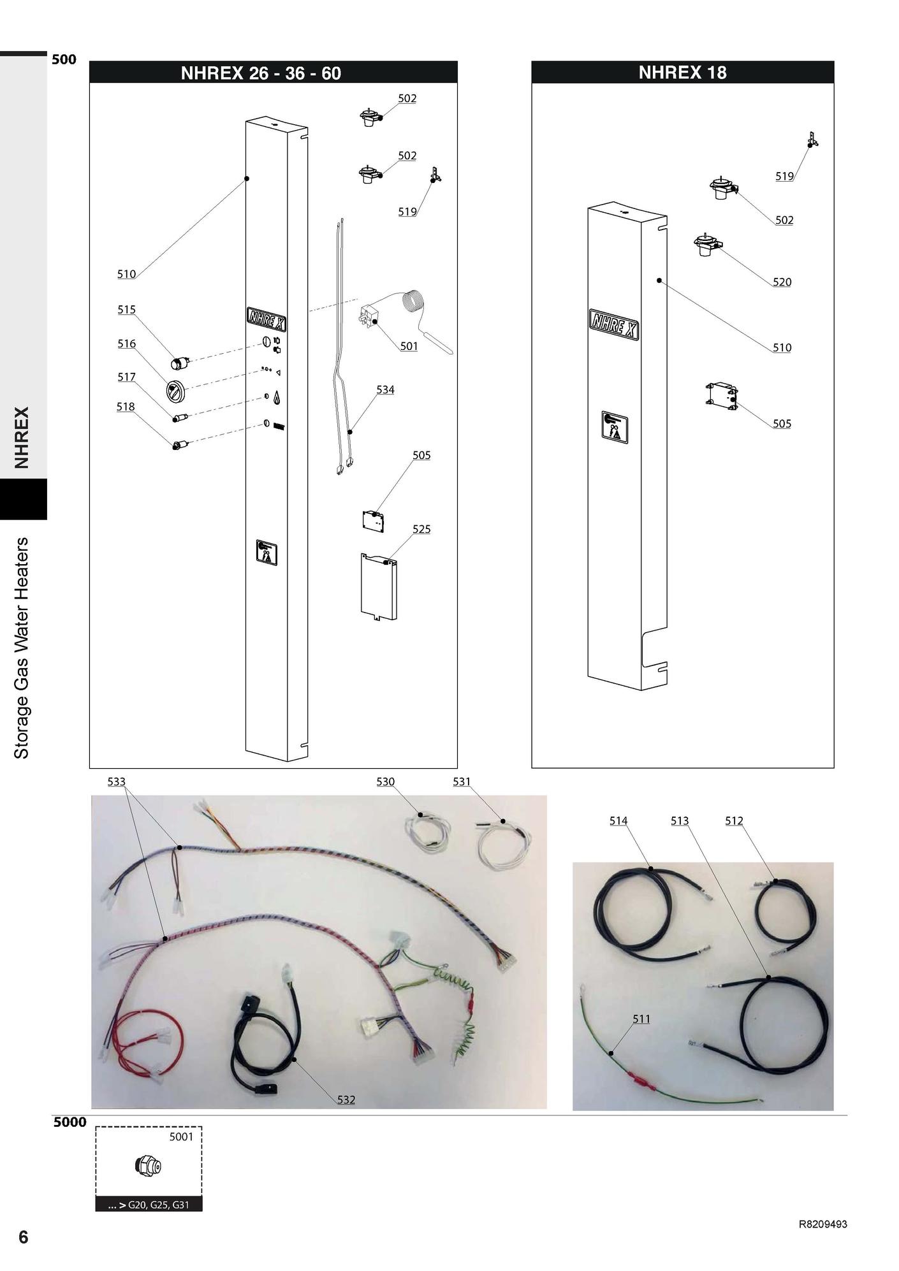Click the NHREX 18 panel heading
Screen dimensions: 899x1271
tap(682, 73)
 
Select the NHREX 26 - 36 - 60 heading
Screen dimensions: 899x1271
tap(261, 73)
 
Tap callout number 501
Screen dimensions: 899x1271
tap(409, 346)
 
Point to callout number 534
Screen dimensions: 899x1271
tap(385, 389)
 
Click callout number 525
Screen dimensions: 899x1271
tap(421, 529)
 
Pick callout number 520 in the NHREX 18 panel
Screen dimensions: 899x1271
tap(782, 282)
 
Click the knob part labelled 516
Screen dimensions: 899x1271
tap(175, 389)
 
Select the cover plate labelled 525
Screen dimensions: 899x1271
tap(379, 587)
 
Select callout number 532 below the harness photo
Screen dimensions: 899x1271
tap(346, 1100)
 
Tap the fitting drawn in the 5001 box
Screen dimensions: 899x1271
tap(149, 1166)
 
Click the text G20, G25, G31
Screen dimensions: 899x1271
tap(159, 1205)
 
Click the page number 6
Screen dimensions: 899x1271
tap(24, 1237)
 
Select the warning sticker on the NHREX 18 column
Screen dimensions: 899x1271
tap(614, 427)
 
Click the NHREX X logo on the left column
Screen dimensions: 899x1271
tap(266, 319)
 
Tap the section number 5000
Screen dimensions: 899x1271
tap(69, 1122)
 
